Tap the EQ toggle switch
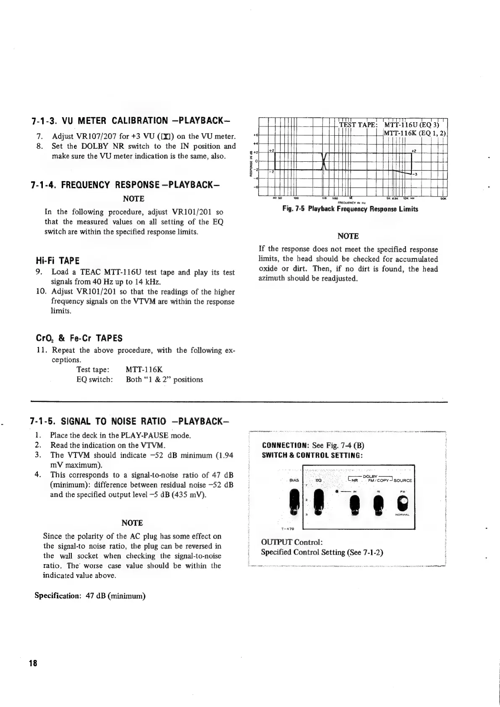coord(319,502)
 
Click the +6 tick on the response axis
coord(256,134)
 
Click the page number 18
coord(33,675)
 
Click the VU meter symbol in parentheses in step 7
coord(163,137)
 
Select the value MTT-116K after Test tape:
coord(144,370)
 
